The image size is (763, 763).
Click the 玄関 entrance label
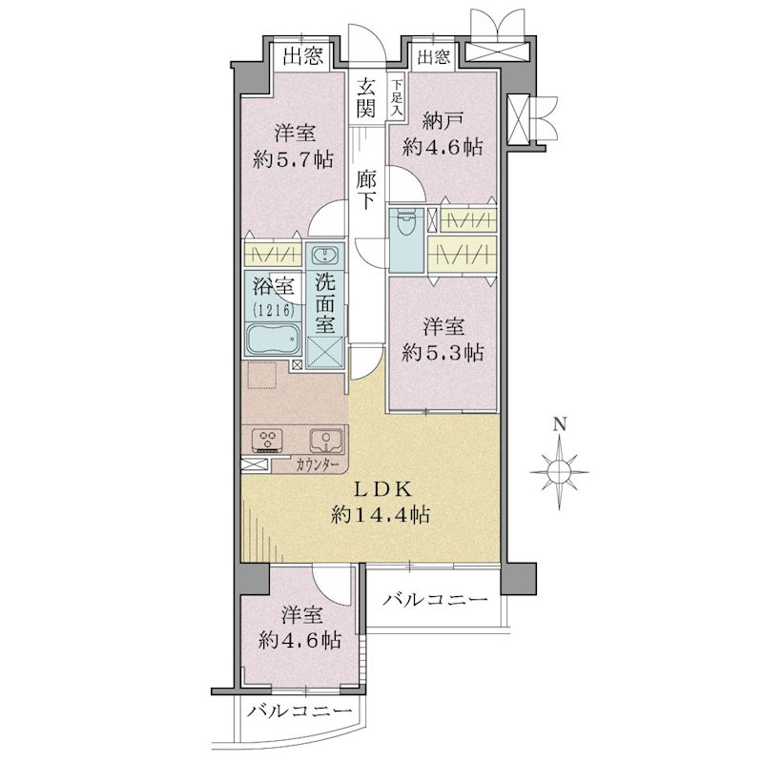(366, 98)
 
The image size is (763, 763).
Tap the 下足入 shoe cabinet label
(397, 97)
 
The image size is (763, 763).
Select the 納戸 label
(443, 121)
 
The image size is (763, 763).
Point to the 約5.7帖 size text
(293, 159)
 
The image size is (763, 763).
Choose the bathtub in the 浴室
(272, 340)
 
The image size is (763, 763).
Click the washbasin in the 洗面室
(324, 256)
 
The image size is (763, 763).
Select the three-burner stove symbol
(267, 441)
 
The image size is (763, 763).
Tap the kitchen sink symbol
(325, 442)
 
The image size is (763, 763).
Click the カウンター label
(317, 465)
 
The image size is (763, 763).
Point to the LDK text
(382, 489)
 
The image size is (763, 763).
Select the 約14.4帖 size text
(380, 514)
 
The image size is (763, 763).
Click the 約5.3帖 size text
(443, 352)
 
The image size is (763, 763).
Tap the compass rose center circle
(559, 471)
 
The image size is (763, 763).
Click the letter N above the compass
(561, 424)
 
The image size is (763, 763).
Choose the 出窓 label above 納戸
(433, 57)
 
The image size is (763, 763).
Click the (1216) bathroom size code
(273, 309)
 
